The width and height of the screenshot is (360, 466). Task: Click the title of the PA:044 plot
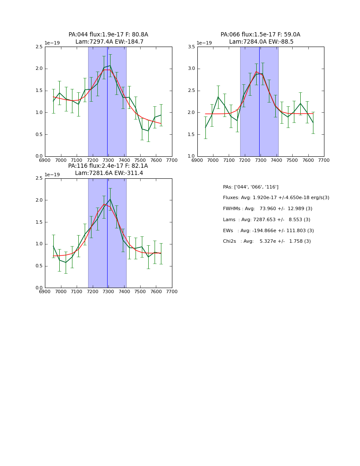(x=108, y=38)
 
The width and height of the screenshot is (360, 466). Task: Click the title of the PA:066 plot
(x=260, y=38)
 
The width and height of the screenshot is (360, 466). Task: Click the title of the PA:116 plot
(x=108, y=169)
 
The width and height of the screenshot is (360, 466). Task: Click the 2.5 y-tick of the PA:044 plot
(x=39, y=47)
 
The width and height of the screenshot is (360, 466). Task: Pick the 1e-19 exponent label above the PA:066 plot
(x=204, y=43)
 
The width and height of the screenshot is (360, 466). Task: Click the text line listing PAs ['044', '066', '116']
(x=251, y=187)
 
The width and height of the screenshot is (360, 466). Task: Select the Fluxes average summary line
(x=276, y=198)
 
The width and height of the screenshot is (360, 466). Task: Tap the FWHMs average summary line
(x=267, y=209)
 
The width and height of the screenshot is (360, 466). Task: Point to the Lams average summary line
(x=266, y=220)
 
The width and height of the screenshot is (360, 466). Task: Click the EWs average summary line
(x=268, y=231)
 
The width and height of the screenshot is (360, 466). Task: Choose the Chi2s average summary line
(x=267, y=241)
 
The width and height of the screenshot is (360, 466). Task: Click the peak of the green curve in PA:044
(x=110, y=66)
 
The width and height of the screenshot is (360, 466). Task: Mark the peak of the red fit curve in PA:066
(x=256, y=72)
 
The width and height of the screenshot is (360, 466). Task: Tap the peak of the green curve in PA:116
(x=110, y=199)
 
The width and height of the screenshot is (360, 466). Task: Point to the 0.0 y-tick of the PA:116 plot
(x=39, y=288)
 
